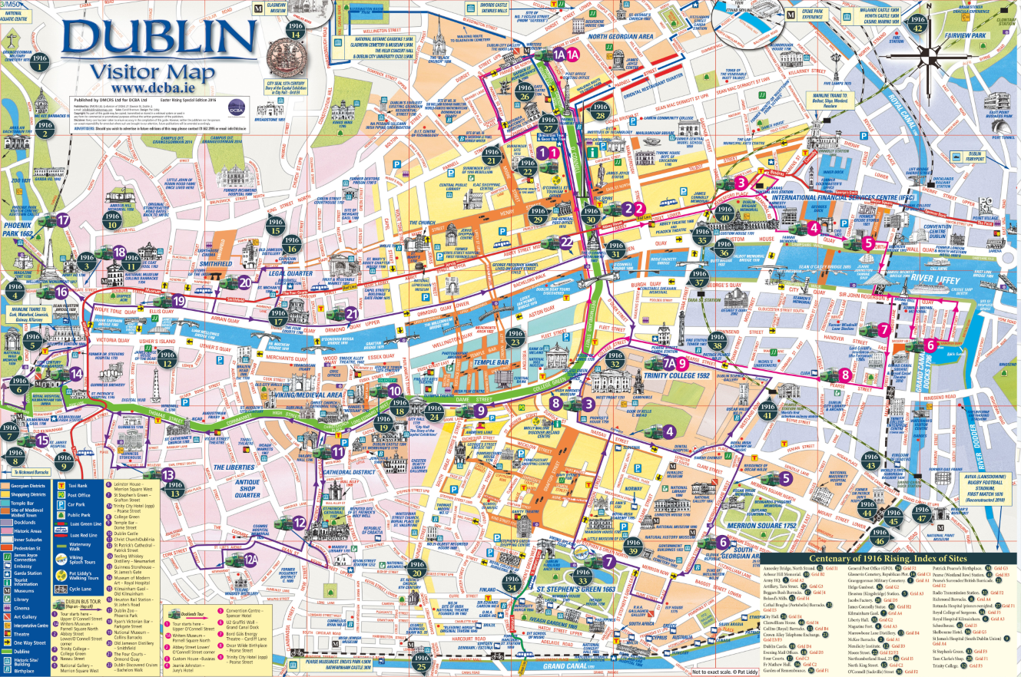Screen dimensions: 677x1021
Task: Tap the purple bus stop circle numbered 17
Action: (x=64, y=220)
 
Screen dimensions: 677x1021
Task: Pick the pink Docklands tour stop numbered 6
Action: (x=930, y=345)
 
